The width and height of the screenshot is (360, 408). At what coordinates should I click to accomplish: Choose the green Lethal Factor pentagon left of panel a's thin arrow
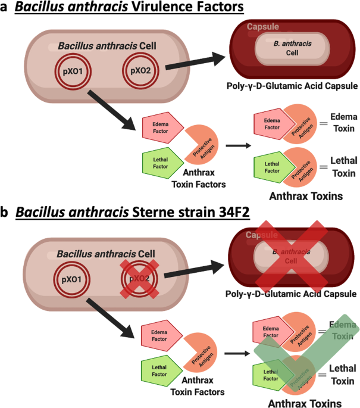159,161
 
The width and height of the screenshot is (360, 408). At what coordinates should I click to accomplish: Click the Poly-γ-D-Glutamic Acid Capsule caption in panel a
292,86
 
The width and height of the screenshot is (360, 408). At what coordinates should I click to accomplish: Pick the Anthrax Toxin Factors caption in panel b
197,387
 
